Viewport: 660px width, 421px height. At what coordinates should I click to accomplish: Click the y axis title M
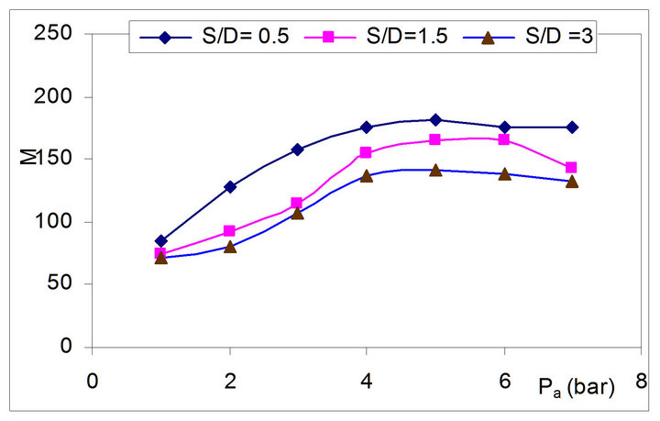(x=27, y=160)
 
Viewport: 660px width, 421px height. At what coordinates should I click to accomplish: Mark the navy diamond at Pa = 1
(x=161, y=241)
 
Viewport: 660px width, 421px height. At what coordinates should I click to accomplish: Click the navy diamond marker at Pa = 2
(x=230, y=187)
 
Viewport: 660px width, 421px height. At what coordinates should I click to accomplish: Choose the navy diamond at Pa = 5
(x=435, y=120)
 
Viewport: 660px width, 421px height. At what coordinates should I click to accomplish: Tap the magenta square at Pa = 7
(x=572, y=168)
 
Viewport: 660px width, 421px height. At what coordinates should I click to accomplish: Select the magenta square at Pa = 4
(x=367, y=153)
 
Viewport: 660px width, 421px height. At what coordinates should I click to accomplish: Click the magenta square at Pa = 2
(x=230, y=231)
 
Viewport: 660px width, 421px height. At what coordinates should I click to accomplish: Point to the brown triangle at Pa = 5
(x=435, y=170)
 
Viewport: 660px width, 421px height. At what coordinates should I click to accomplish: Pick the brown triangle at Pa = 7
(x=572, y=181)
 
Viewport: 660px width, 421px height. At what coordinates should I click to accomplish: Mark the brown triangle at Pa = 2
(x=230, y=246)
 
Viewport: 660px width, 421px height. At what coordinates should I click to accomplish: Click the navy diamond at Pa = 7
(x=572, y=127)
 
